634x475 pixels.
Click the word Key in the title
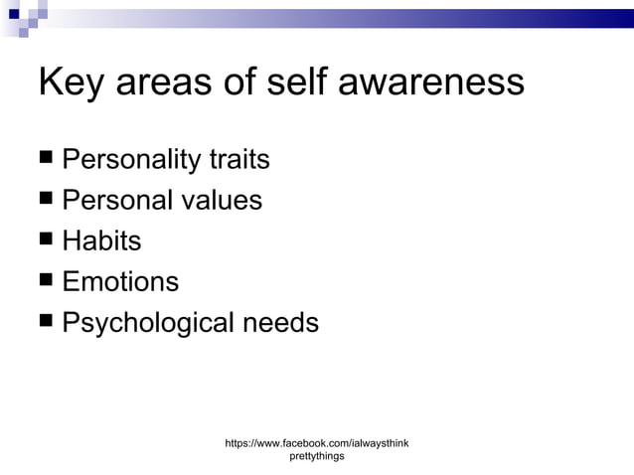pyautogui.click(x=71, y=83)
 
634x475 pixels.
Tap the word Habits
pyautogui.click(x=101, y=241)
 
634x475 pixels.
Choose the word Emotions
pyautogui.click(x=120, y=282)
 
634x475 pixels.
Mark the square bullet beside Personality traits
pyautogui.click(x=46, y=159)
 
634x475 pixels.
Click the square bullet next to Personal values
pyautogui.click(x=46, y=200)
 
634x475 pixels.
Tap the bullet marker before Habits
pyautogui.click(x=46, y=240)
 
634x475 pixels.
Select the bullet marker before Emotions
pyautogui.click(x=46, y=281)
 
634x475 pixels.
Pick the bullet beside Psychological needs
pyautogui.click(x=46, y=322)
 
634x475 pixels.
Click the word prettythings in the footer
pyautogui.click(x=317, y=456)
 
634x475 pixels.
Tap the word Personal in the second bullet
pyautogui.click(x=116, y=201)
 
